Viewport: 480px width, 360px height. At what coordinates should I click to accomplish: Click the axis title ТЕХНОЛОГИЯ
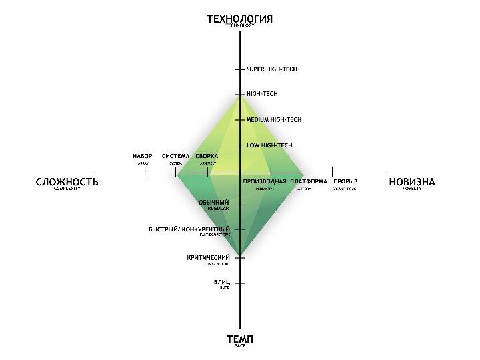point(240,19)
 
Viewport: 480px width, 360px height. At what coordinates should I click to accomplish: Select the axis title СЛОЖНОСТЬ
point(67,181)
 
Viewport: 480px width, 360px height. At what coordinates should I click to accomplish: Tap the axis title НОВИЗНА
point(412,181)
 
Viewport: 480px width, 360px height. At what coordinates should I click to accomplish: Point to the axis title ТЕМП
point(240,339)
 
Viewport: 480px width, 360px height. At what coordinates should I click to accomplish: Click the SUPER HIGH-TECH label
point(272,69)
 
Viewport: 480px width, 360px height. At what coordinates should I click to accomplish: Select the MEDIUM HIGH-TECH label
point(274,120)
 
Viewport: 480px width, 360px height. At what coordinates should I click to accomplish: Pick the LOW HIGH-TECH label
point(269,145)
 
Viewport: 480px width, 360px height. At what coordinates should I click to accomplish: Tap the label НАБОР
point(143,156)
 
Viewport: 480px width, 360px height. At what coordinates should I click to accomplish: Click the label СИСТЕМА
point(175,156)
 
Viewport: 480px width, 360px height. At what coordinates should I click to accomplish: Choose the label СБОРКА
point(207,156)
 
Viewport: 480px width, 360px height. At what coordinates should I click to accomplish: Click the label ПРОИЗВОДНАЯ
point(265,181)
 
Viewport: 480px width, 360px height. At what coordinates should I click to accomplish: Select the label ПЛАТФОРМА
point(308,181)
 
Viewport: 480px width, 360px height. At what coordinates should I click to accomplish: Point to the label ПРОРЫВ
point(345,181)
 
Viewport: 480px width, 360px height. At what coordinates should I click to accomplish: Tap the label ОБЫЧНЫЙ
point(214,202)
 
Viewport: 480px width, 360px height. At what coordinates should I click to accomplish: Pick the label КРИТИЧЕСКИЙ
point(209,257)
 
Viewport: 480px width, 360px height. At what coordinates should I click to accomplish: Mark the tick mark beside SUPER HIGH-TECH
point(240,69)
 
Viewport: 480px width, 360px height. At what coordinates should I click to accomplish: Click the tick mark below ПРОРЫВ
point(332,173)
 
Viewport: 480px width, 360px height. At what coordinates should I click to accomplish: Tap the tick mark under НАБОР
point(145,173)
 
